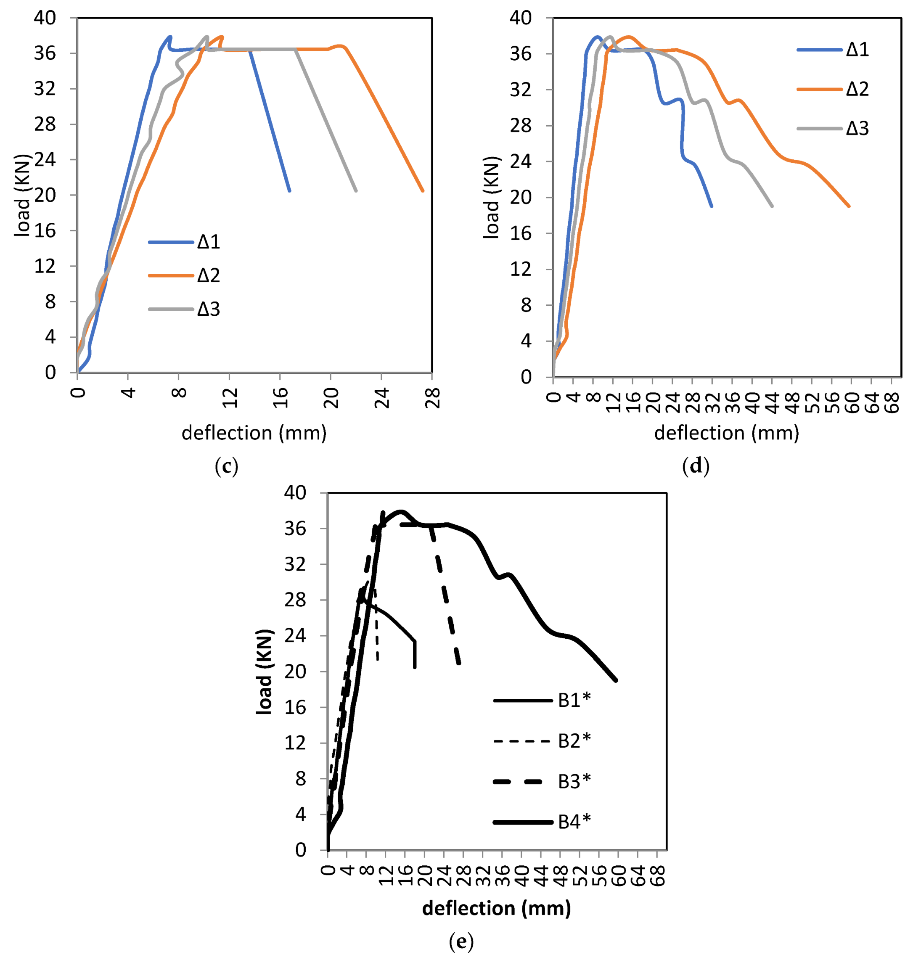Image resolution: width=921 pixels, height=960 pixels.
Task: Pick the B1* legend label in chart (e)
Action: (574, 701)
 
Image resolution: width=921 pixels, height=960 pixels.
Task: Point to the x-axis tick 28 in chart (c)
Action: (433, 398)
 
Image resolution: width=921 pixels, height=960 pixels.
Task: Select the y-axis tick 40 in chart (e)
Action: (295, 493)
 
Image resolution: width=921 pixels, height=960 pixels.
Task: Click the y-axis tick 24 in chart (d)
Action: (520, 161)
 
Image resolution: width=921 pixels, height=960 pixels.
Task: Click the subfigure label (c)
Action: (226, 467)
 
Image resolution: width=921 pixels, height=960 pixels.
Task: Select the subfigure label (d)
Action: (696, 467)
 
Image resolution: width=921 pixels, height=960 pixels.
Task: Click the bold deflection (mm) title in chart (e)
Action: (496, 908)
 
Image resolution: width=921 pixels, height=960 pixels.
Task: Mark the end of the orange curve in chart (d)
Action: (849, 206)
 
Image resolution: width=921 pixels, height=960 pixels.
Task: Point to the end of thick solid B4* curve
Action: (616, 680)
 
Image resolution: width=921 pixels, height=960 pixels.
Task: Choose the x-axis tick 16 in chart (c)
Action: (281, 398)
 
